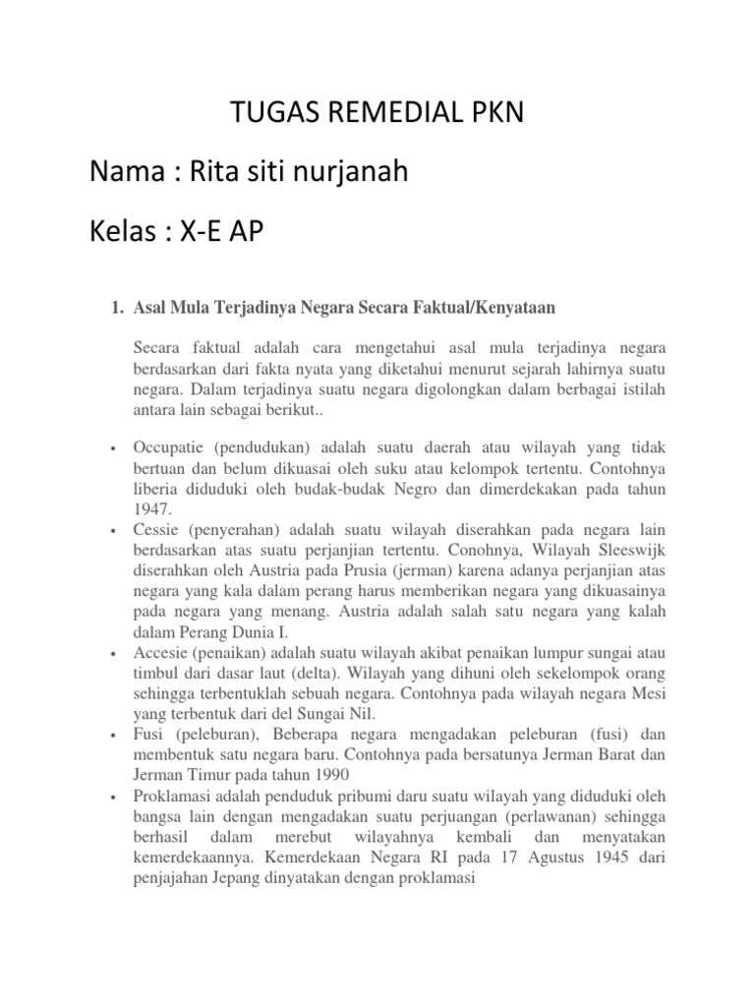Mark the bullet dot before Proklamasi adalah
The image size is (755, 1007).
click(x=115, y=795)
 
